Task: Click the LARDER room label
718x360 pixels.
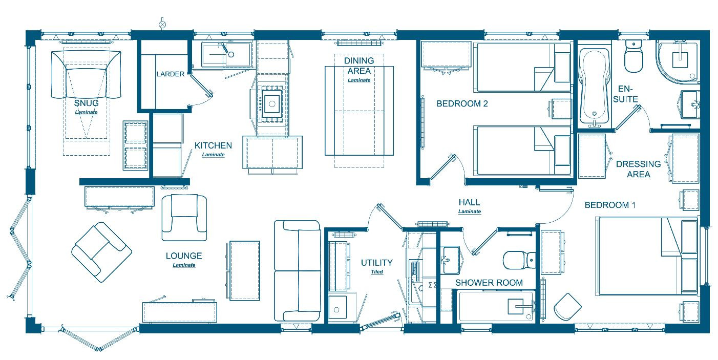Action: click(171, 74)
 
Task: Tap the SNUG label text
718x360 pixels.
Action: click(86, 103)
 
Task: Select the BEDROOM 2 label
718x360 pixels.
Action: click(462, 103)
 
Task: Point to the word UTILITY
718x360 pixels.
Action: click(376, 263)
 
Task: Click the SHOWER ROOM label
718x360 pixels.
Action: click(489, 283)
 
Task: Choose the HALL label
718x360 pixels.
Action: click(469, 202)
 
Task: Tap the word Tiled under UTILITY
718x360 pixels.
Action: click(377, 272)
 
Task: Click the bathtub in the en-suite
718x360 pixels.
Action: click(594, 87)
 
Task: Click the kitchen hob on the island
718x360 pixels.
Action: click(272, 103)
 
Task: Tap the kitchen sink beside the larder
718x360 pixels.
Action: click(226, 54)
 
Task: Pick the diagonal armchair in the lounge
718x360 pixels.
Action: click(101, 252)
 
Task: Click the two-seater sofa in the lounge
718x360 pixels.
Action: click(298, 271)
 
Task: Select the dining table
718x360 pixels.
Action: click(359, 111)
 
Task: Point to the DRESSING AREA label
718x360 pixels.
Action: click(639, 170)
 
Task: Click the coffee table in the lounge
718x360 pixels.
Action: click(245, 271)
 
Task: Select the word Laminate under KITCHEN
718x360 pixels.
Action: click(213, 155)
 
